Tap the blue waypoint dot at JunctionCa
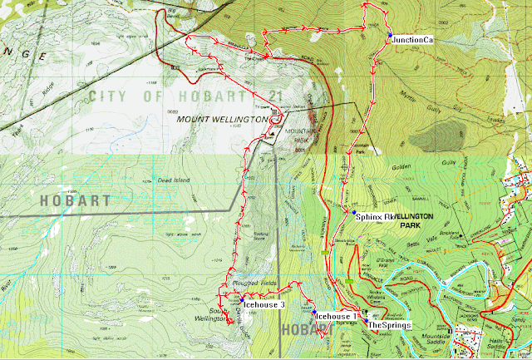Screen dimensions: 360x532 pyautogui.click(x=387, y=34)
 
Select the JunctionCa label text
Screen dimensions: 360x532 pyautogui.click(x=413, y=39)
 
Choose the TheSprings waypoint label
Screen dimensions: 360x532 pyautogui.click(x=390, y=325)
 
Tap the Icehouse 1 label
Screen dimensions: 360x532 pyautogui.click(x=337, y=317)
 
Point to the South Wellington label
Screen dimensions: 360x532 pyautogui.click(x=217, y=317)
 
